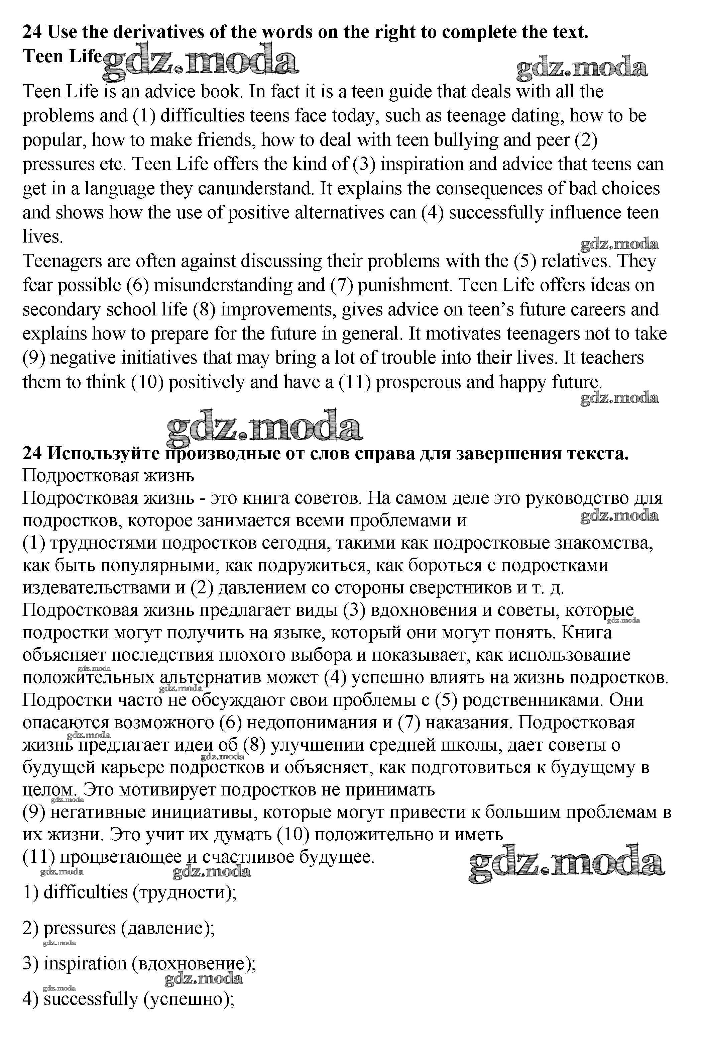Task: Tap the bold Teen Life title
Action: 62,57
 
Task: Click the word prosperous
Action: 419,382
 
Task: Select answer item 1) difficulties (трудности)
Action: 130,892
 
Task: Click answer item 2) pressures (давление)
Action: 119,928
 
